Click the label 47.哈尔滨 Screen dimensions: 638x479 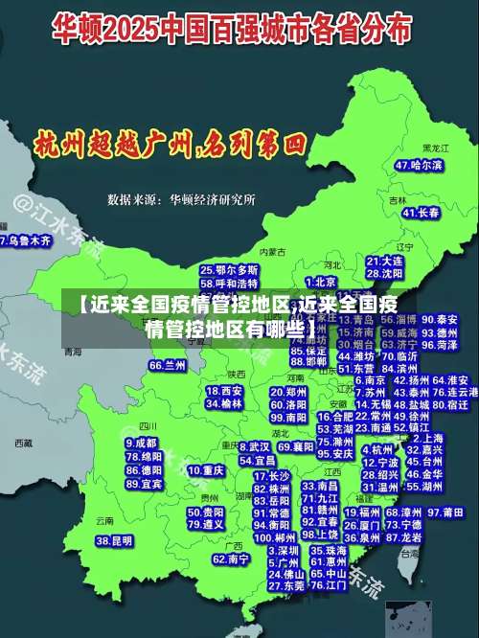pos(419,165)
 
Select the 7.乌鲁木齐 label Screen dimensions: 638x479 pos(25,241)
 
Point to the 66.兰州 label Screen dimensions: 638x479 pos(168,365)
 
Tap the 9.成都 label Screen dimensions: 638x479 pos(140,444)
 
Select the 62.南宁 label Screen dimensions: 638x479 pos(231,558)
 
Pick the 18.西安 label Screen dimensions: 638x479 pos(224,391)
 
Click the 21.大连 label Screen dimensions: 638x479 pos(384,260)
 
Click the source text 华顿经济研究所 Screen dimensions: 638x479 pos(212,199)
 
